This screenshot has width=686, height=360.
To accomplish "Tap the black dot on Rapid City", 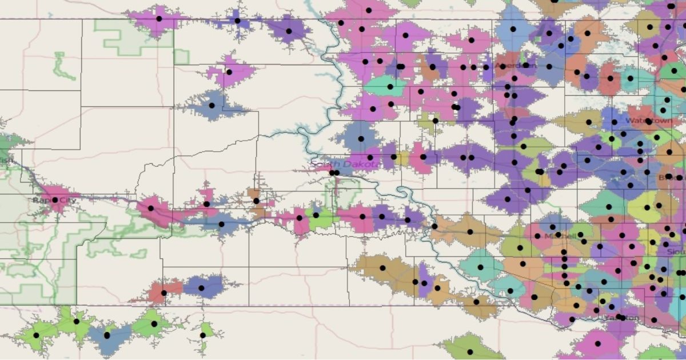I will coord(55,200).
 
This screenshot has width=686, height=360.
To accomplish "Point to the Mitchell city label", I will coord(557,235).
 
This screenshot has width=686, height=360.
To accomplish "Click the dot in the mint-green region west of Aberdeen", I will coord(390,87).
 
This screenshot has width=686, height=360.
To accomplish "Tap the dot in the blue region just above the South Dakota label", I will coord(361,139).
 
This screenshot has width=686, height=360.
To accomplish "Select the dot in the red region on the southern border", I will coord(164,293).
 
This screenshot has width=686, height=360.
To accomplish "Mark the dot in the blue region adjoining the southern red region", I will coord(201,288).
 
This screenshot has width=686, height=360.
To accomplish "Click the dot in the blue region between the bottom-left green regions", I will coord(107,335).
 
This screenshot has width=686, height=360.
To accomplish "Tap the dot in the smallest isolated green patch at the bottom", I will coord(203,335).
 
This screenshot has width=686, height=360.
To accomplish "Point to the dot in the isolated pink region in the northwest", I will coord(229,72).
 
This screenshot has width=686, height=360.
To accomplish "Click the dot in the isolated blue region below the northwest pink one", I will coord(212,105).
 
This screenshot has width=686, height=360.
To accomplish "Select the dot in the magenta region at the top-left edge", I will coord(159,19).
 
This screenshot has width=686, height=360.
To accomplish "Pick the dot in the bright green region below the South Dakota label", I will coord(316,215).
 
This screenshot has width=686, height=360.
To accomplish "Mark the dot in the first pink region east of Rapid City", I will coord(151,209).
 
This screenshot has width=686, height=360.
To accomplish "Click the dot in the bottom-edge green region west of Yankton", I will coord(470,352).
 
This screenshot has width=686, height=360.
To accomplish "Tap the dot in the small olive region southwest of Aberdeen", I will coord(436,121).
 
